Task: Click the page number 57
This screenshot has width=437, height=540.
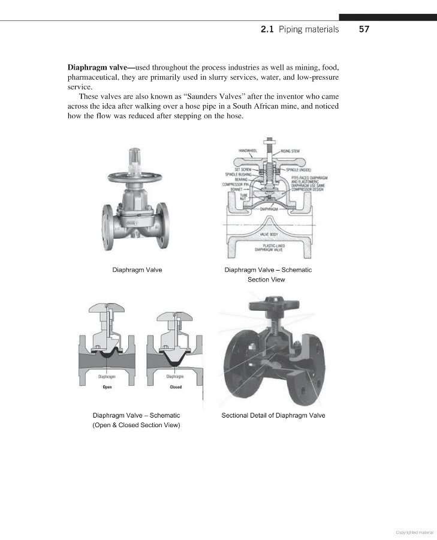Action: (364, 29)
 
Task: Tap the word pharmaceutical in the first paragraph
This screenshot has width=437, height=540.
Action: (95, 77)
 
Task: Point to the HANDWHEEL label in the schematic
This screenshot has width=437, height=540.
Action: (248, 151)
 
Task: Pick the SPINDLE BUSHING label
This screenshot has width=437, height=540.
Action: (240, 175)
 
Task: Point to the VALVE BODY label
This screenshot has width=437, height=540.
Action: (268, 234)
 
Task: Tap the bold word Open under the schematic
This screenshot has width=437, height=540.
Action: (106, 387)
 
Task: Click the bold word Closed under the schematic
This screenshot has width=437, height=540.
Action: (175, 387)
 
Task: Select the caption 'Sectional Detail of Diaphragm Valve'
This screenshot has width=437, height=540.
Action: (273, 415)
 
